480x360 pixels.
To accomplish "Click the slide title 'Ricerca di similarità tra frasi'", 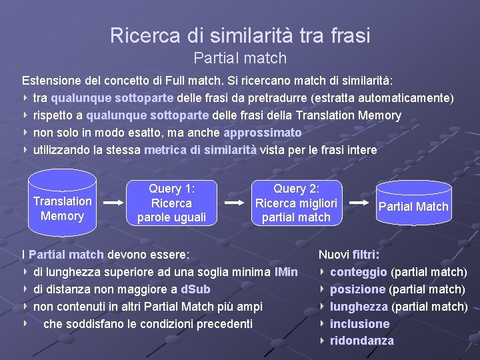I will click(x=240, y=35).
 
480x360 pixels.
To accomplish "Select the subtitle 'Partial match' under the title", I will click(x=240, y=58).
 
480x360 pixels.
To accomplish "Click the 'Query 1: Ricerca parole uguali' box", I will click(x=171, y=203).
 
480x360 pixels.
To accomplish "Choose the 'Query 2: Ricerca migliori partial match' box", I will click(x=296, y=203).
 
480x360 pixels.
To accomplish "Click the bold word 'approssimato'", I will click(x=263, y=133).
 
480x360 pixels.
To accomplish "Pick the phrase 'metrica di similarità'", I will click(x=200, y=150).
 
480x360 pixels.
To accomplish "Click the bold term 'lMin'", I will click(x=286, y=272).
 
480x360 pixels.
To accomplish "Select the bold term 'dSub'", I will click(x=195, y=289).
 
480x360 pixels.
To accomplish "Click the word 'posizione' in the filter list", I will click(x=358, y=289).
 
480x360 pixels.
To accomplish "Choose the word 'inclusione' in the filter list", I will click(x=360, y=324).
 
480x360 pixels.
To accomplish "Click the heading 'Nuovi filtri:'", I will click(x=349, y=255).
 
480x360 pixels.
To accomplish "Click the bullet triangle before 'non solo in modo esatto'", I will click(x=25, y=133).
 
